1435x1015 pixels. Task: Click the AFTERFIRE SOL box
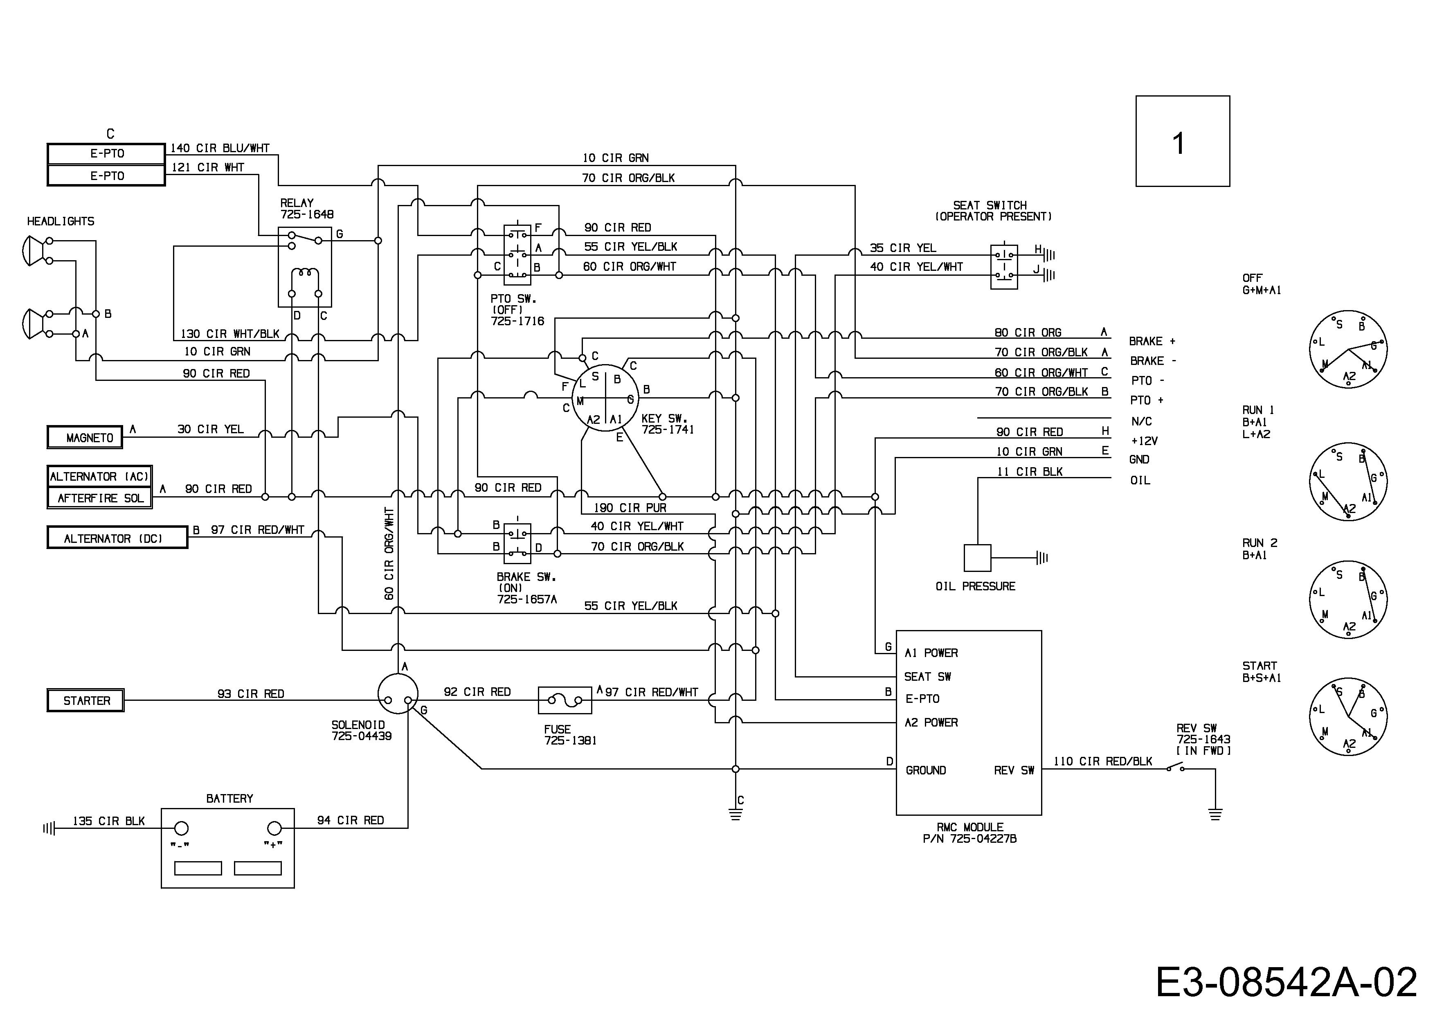point(100,498)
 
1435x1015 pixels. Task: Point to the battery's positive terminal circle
point(274,829)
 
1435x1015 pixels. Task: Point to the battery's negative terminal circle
point(181,829)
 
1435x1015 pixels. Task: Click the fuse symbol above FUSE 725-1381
point(565,700)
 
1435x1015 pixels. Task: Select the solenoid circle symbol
point(398,693)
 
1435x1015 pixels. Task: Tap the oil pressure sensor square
point(978,558)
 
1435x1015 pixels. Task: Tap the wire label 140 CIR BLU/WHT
point(220,148)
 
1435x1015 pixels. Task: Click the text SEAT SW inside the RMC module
point(927,676)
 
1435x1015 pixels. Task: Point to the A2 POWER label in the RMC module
point(931,722)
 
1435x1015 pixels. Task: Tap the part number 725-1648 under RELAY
point(307,214)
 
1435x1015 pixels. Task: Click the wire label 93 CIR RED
point(251,694)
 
